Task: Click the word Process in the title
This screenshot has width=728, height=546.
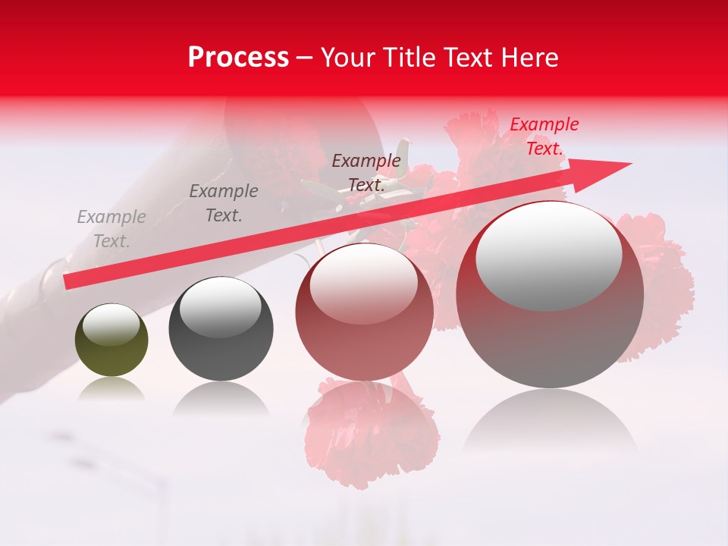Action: point(238,58)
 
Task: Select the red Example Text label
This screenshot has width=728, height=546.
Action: point(544,136)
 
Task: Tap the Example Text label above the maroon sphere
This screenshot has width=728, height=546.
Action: point(366,172)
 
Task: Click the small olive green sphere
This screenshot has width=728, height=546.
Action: point(111,340)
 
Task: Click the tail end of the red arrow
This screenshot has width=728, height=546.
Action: point(67,281)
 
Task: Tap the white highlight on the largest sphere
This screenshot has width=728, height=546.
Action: point(548,254)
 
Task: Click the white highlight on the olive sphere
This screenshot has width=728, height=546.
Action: point(111,325)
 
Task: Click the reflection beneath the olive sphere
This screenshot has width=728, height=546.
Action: point(111,390)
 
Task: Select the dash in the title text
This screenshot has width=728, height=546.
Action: point(305,58)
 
